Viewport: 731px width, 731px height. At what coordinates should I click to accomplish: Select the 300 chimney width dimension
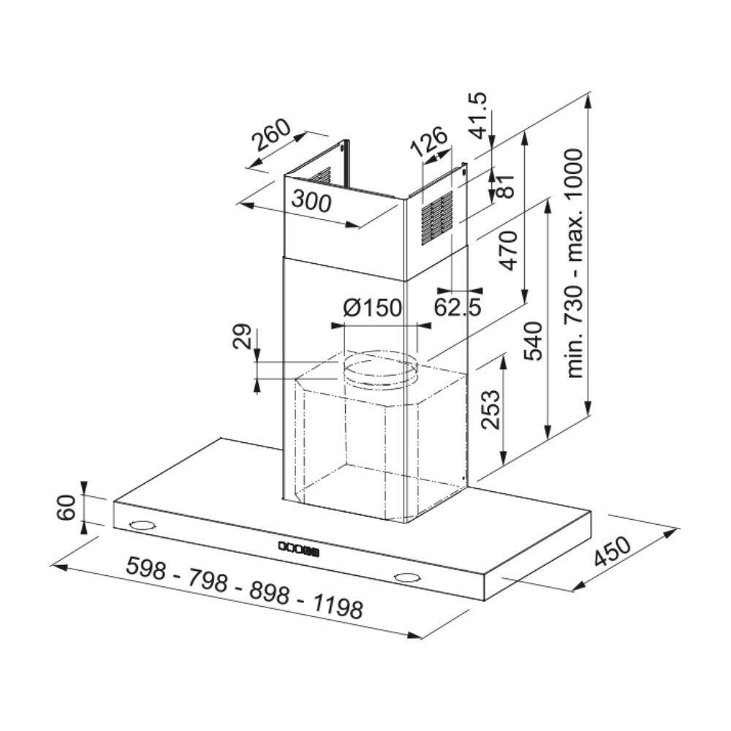[311, 202]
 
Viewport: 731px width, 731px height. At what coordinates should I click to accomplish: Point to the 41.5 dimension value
[478, 115]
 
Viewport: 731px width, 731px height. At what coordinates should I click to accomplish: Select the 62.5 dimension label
[458, 307]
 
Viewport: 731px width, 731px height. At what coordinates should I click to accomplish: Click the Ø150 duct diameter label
[373, 308]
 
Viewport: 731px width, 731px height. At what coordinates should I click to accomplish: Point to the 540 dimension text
[534, 341]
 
